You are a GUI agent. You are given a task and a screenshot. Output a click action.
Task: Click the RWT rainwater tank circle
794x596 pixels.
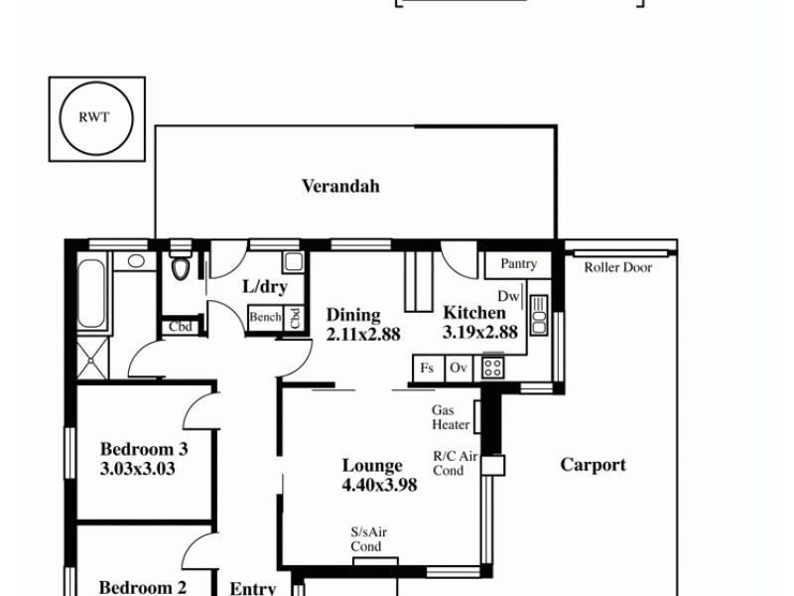95,116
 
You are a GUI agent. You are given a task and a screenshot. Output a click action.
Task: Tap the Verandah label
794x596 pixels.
340,186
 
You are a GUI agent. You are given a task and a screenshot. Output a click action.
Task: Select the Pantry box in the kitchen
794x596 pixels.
518,264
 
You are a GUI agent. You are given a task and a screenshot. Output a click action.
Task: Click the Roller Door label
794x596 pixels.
617,267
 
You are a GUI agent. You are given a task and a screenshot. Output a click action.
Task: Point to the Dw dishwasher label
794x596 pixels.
508,296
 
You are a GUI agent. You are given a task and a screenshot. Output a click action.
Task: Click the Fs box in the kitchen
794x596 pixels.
427,368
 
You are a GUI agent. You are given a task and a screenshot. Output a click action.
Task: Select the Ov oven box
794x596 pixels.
459,368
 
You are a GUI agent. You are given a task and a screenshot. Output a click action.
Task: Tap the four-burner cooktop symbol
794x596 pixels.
491,368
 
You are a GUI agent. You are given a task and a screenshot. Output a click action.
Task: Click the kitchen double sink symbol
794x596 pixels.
539,315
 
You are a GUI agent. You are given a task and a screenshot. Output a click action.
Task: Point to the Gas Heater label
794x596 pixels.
451,417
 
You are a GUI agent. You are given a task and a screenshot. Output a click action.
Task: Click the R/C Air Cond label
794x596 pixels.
455,463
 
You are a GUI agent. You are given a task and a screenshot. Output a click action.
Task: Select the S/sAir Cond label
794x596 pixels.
367,539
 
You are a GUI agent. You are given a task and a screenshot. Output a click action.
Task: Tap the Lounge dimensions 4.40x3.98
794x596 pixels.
379,485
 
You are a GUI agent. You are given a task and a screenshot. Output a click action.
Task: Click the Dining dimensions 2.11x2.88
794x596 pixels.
363,334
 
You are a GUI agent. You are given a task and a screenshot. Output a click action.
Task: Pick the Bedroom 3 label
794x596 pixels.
144,449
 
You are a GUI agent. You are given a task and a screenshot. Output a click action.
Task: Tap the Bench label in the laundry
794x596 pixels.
265,318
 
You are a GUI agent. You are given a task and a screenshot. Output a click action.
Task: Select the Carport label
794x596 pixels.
593,465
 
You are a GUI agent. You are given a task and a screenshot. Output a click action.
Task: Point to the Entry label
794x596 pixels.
252,588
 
